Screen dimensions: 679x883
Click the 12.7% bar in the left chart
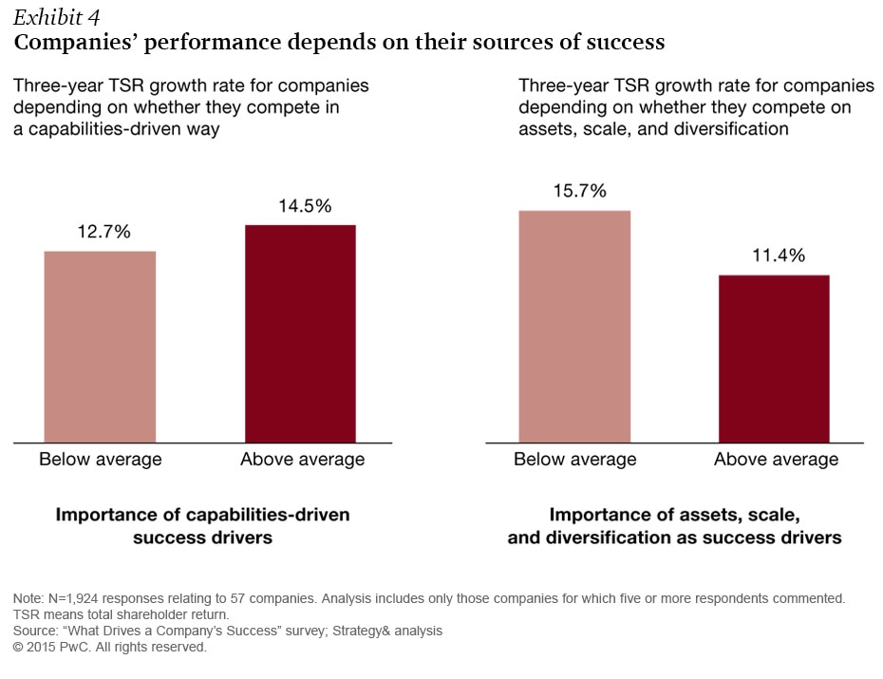[100, 347]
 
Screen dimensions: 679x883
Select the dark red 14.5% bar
[300, 333]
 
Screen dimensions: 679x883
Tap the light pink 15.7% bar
[574, 326]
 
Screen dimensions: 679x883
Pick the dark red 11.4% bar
[774, 358]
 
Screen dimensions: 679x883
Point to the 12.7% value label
[100, 232]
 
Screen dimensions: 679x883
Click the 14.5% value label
[300, 205]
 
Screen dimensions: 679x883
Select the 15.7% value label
[574, 191]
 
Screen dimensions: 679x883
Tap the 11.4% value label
[774, 255]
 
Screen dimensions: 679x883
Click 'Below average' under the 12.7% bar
[100, 460]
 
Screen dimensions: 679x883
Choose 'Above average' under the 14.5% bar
[302, 460]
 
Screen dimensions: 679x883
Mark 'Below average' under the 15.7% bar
[574, 460]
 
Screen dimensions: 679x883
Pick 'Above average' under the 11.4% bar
[776, 460]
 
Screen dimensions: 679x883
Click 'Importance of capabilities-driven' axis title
[202, 515]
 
